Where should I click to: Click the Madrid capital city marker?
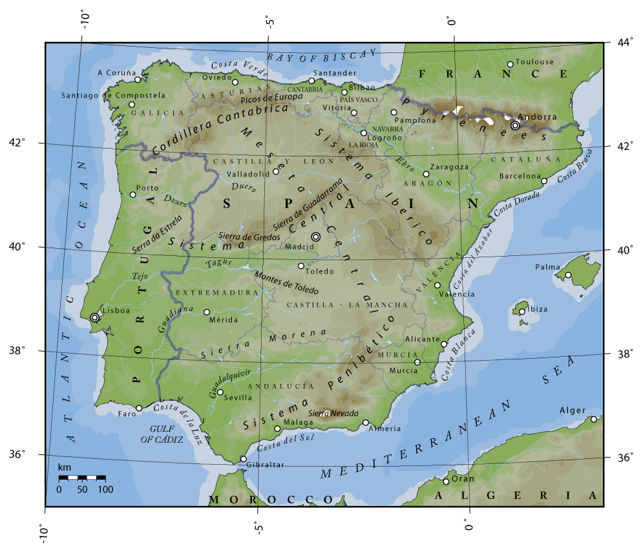click(x=315, y=237)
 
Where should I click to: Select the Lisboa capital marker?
click(x=95, y=317)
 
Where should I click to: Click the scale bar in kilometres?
click(x=81, y=478)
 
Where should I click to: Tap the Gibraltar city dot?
click(x=243, y=459)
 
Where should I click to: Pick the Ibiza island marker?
click(x=522, y=312)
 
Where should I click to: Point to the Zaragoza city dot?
click(x=426, y=174)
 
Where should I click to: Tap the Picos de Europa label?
click(x=271, y=98)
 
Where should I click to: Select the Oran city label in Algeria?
click(x=463, y=479)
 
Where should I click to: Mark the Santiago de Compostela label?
click(x=113, y=95)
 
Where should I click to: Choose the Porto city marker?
click(x=132, y=195)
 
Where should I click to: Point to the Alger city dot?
click(x=594, y=419)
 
